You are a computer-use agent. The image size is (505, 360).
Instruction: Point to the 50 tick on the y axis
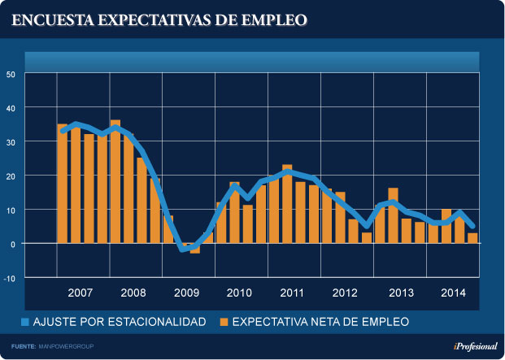pos(11,74)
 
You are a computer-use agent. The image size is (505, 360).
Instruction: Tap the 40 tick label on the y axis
pos(11,108)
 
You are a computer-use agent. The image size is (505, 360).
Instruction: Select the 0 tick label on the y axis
pos(13,244)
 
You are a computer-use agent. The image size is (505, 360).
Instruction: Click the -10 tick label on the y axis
pos(10,278)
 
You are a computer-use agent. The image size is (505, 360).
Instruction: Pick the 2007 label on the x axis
pos(81,292)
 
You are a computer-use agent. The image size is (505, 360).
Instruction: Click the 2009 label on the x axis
pos(186,292)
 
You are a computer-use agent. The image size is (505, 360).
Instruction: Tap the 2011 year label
pos(292,292)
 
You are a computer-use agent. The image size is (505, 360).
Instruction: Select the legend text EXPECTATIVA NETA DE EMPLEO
pos(320,323)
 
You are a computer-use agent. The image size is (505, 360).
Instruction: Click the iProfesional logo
pos(474,346)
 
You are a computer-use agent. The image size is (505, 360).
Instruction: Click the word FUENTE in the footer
pos(23,347)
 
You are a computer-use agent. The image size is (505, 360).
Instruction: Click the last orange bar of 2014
pos(472,237)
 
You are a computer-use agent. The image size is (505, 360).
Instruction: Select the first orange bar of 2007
pos(63,183)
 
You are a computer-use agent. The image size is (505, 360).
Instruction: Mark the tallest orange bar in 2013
pos(393,215)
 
